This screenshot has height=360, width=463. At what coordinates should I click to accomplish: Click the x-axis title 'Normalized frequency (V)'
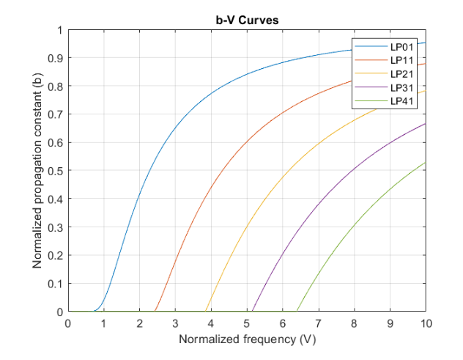(246, 339)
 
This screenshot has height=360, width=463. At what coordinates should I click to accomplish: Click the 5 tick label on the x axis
(246, 323)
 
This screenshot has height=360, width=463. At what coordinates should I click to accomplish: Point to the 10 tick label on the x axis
(425, 323)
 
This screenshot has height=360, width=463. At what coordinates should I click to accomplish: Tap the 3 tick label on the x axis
(175, 323)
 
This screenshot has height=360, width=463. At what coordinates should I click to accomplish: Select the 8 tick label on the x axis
(354, 323)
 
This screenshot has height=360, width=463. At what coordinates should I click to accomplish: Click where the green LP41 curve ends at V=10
(425, 162)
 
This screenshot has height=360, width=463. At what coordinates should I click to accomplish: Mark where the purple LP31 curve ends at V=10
(425, 123)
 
